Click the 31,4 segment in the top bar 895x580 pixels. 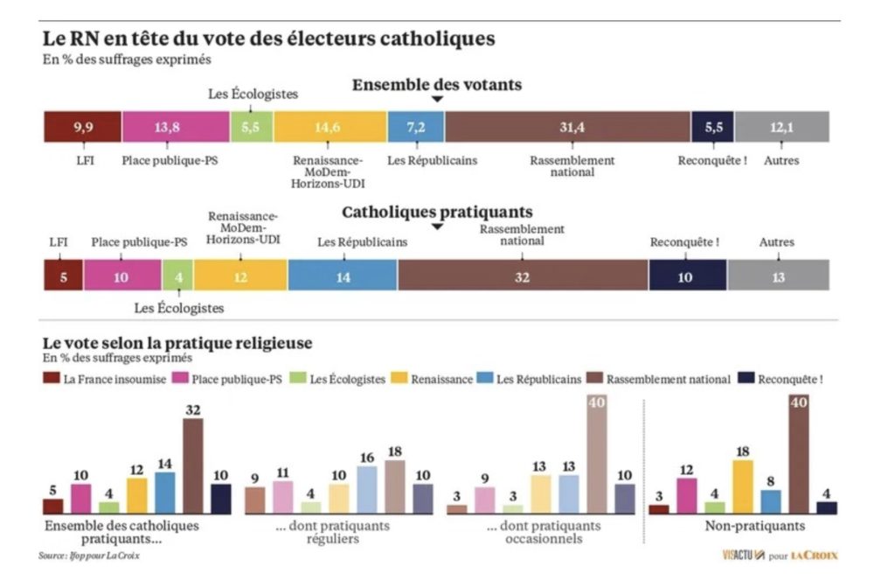(x=567, y=128)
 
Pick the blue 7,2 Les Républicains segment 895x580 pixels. (x=416, y=128)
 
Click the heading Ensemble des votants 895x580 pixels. (x=437, y=85)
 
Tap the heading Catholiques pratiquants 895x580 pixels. (x=437, y=213)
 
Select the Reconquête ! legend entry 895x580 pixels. (x=781, y=379)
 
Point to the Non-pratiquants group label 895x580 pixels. (x=743, y=526)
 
